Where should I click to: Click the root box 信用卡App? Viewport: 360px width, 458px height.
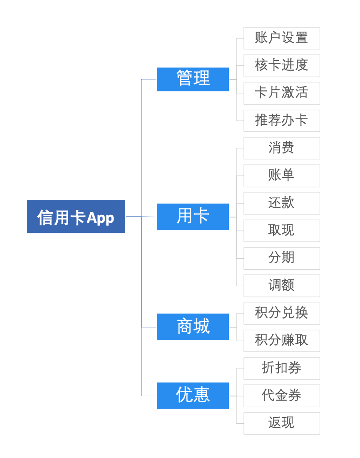click(x=76, y=217)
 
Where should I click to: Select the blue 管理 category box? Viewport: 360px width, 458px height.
click(x=193, y=79)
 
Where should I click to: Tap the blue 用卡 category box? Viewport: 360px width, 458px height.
click(x=193, y=217)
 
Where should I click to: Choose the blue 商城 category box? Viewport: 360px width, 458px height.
click(x=193, y=327)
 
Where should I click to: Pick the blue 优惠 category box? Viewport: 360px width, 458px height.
click(x=193, y=396)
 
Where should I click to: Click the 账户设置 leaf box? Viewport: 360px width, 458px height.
click(x=282, y=38)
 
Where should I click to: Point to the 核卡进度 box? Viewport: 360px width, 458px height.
click(x=282, y=66)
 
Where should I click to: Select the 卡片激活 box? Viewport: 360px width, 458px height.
click(x=282, y=93)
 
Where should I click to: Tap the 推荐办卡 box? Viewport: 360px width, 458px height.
click(x=282, y=121)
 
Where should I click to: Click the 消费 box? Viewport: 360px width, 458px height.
click(x=282, y=148)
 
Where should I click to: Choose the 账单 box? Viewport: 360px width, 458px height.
click(x=282, y=176)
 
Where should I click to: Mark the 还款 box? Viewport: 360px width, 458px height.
click(x=282, y=203)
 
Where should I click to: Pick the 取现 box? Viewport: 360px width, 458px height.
click(x=282, y=231)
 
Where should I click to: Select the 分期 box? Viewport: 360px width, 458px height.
click(x=282, y=258)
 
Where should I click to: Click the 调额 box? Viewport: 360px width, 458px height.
click(x=282, y=286)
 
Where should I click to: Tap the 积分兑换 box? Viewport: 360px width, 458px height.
click(x=282, y=313)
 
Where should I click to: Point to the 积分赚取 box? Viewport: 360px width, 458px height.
click(x=282, y=341)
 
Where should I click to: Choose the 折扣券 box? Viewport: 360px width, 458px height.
click(x=282, y=368)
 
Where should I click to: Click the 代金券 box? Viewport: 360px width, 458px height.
click(x=282, y=396)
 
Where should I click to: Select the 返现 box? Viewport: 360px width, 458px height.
click(x=282, y=423)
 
